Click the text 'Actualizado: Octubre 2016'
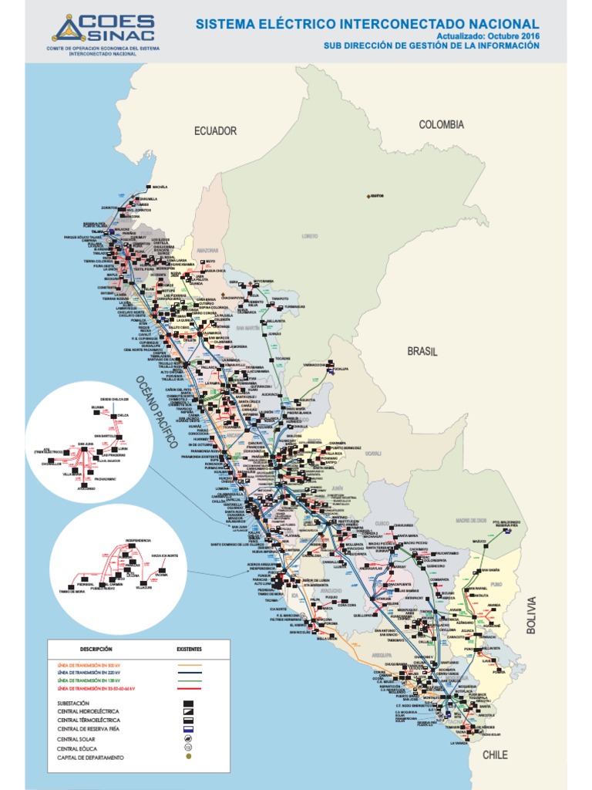[x=488, y=36]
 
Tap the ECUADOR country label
[x=215, y=131]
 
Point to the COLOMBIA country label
[x=441, y=124]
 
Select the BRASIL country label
[x=422, y=351]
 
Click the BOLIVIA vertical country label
[x=530, y=615]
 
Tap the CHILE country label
[x=495, y=755]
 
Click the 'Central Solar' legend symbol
[x=186, y=738]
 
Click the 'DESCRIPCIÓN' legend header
[x=95, y=650]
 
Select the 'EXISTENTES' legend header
[x=189, y=650]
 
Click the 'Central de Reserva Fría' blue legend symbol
[x=186, y=728]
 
